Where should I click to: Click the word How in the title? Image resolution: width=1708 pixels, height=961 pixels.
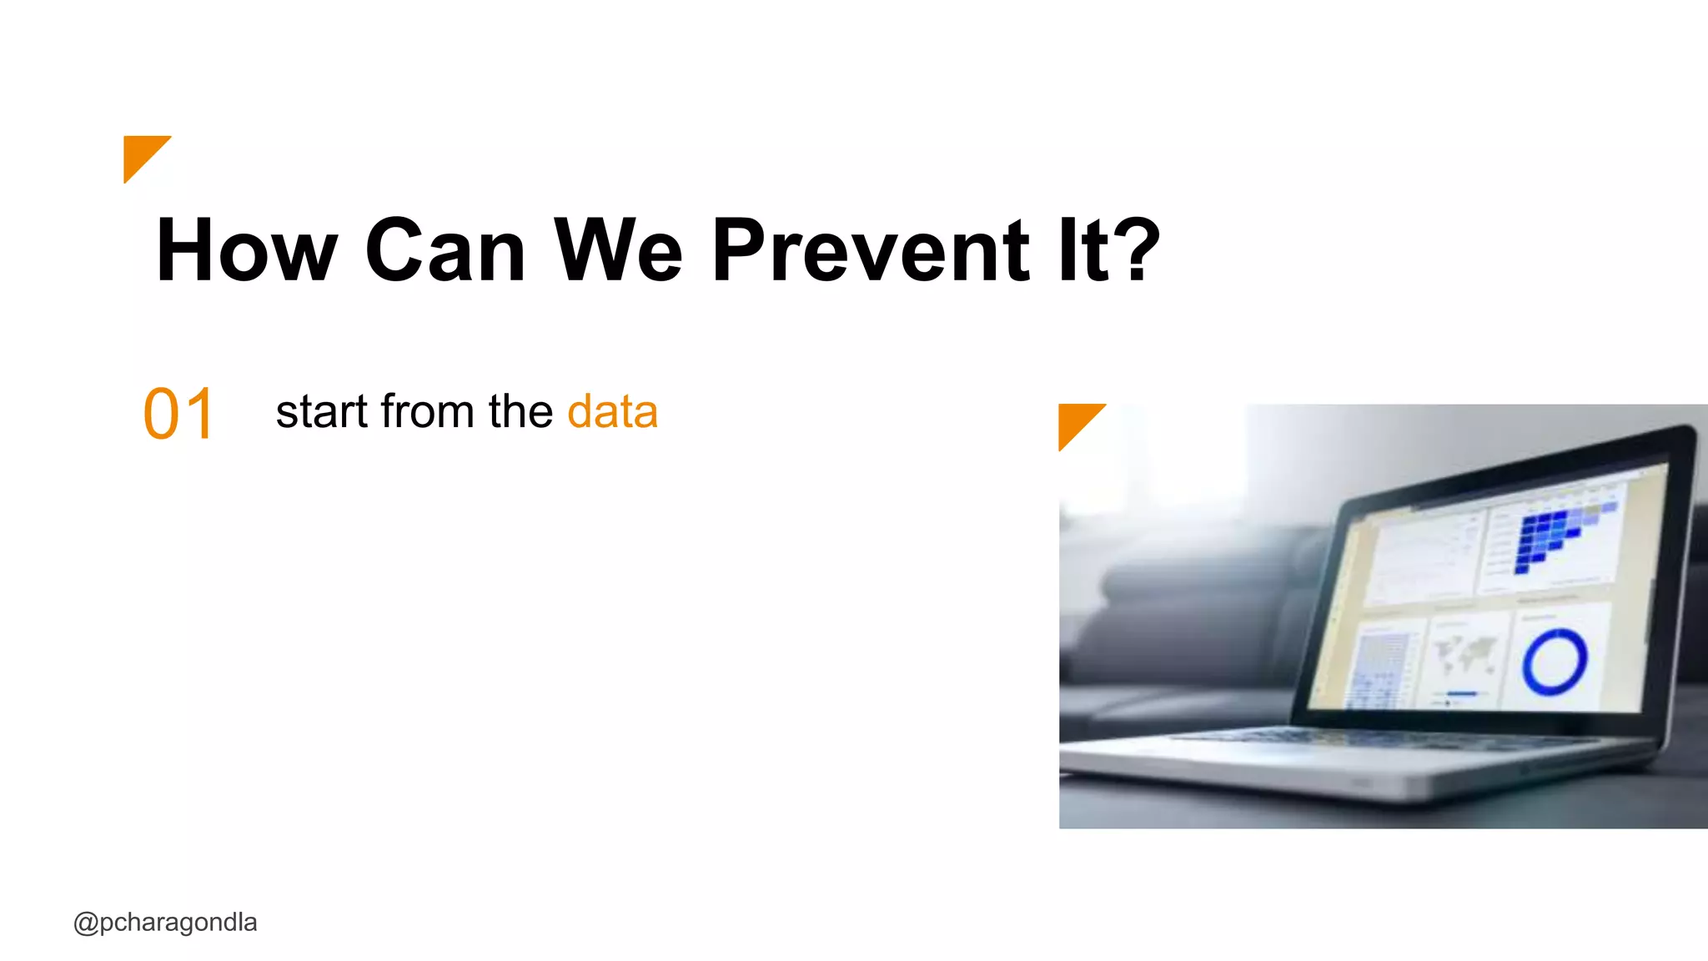(247, 250)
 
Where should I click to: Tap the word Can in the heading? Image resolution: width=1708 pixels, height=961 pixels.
(445, 250)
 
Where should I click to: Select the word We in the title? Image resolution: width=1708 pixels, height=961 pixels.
(618, 250)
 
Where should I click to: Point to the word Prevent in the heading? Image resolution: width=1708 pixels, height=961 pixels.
(872, 250)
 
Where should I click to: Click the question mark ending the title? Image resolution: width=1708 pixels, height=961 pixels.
(1137, 249)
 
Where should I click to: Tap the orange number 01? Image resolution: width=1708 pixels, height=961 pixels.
(178, 415)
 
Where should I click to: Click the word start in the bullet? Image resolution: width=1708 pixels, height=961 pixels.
(322, 412)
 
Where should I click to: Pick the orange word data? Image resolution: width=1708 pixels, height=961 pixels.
(612, 412)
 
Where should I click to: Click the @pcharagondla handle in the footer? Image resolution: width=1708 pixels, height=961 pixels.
(165, 923)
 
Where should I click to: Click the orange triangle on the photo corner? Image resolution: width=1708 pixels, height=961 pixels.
(1076, 421)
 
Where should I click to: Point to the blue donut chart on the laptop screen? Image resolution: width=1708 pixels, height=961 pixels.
(1555, 662)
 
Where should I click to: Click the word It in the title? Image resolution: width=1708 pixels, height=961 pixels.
(1084, 250)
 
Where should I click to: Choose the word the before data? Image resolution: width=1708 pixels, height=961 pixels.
(520, 412)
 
